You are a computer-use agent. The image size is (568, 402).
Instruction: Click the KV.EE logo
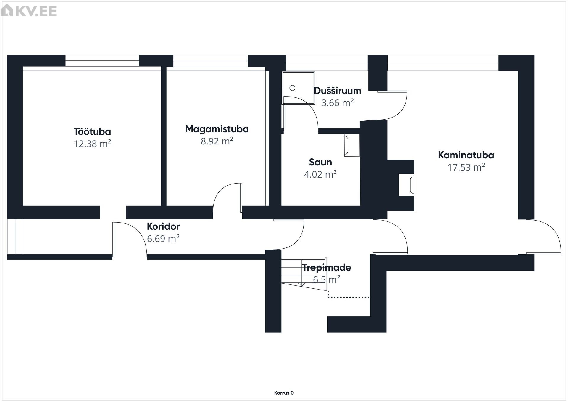29,11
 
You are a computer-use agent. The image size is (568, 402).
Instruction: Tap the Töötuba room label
92,131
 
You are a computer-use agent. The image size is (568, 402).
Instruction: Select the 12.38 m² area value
92,144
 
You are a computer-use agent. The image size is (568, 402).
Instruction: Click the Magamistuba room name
217,129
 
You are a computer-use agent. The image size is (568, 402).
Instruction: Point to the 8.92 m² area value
217,141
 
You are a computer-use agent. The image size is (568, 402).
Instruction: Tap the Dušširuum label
338,91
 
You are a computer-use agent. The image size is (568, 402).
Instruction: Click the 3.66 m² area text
338,103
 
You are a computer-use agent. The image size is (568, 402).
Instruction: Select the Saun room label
320,162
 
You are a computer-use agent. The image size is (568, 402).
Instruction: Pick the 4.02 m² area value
320,174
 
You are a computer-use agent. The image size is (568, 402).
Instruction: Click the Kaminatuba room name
466,155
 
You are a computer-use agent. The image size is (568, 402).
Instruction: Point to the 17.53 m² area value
466,167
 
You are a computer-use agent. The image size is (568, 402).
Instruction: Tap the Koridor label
163,226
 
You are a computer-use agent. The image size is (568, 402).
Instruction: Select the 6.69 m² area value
163,239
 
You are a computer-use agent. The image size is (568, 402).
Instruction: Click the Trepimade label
326,268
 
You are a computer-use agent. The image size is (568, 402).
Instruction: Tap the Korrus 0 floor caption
284,393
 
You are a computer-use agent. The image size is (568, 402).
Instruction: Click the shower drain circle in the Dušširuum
293,88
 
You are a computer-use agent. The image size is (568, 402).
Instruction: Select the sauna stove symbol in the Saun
351,145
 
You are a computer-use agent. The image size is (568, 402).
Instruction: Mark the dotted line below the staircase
349,297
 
